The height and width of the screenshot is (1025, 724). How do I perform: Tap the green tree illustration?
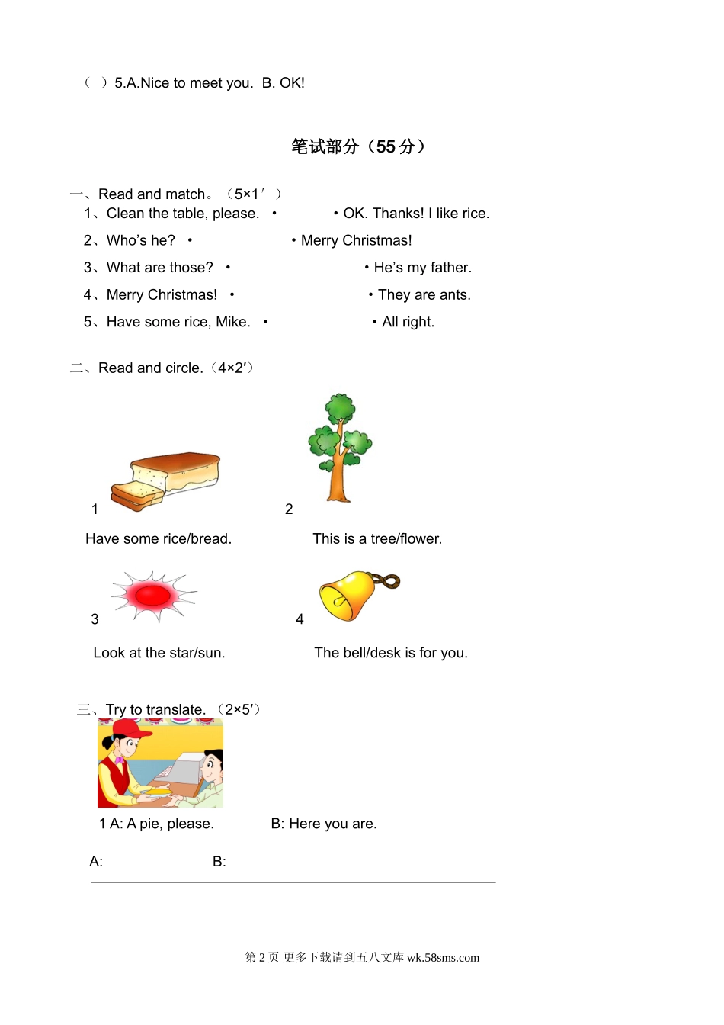[339, 446]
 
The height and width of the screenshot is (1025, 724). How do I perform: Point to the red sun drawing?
[153, 595]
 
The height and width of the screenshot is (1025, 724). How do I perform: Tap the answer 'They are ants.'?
[424, 295]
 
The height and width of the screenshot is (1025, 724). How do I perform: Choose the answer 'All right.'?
[408, 322]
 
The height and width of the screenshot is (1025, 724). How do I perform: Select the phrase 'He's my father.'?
[422, 268]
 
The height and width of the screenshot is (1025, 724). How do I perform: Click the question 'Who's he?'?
[141, 241]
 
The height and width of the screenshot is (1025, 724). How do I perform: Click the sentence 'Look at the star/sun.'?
[159, 653]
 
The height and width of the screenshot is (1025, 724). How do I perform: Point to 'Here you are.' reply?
[332, 824]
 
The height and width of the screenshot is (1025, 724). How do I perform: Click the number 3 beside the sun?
[95, 619]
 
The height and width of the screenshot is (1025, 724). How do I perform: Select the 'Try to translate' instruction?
[155, 710]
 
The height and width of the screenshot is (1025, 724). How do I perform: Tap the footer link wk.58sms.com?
[443, 958]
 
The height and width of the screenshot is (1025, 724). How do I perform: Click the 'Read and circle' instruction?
[151, 368]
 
